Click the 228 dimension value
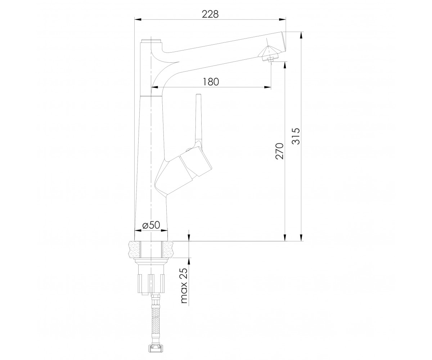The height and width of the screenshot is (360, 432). pos(210,14)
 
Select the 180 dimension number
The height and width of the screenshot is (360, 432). pos(210,82)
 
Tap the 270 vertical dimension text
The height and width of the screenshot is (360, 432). pos(279,151)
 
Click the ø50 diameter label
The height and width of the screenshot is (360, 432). pos(151,225)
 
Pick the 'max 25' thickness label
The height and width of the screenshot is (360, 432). pos(184,285)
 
